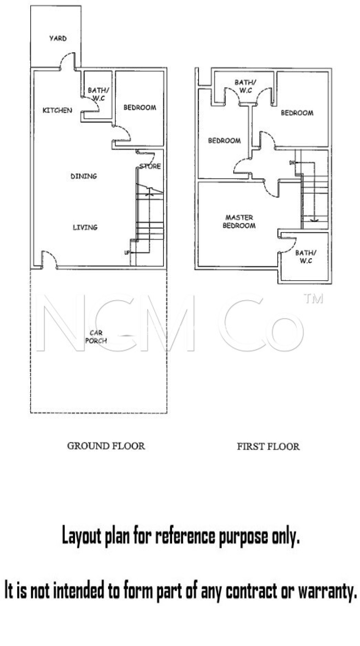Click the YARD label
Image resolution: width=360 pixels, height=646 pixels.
pos(58,38)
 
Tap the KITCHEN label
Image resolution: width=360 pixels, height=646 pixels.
pos(57,110)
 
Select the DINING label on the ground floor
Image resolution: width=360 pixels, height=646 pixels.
pos(84,176)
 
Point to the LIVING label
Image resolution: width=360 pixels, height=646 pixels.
pos(85,227)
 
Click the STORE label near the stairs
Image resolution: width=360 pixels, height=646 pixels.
pos(150,166)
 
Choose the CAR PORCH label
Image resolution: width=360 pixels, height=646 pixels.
pos(96,337)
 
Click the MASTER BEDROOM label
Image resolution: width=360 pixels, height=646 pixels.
pos(239,221)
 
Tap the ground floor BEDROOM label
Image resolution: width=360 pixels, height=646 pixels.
pos(140,108)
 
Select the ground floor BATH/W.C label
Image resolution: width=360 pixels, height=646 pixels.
pos(98,94)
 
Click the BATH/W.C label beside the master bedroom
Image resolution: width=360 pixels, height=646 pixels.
pos(306,257)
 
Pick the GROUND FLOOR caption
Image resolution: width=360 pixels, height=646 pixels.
pos(106,446)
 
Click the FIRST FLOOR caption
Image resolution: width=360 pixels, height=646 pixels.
pos(268,446)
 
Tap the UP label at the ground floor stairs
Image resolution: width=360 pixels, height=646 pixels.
pos(127,252)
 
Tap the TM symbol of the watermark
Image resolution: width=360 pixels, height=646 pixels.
pos(313,299)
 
